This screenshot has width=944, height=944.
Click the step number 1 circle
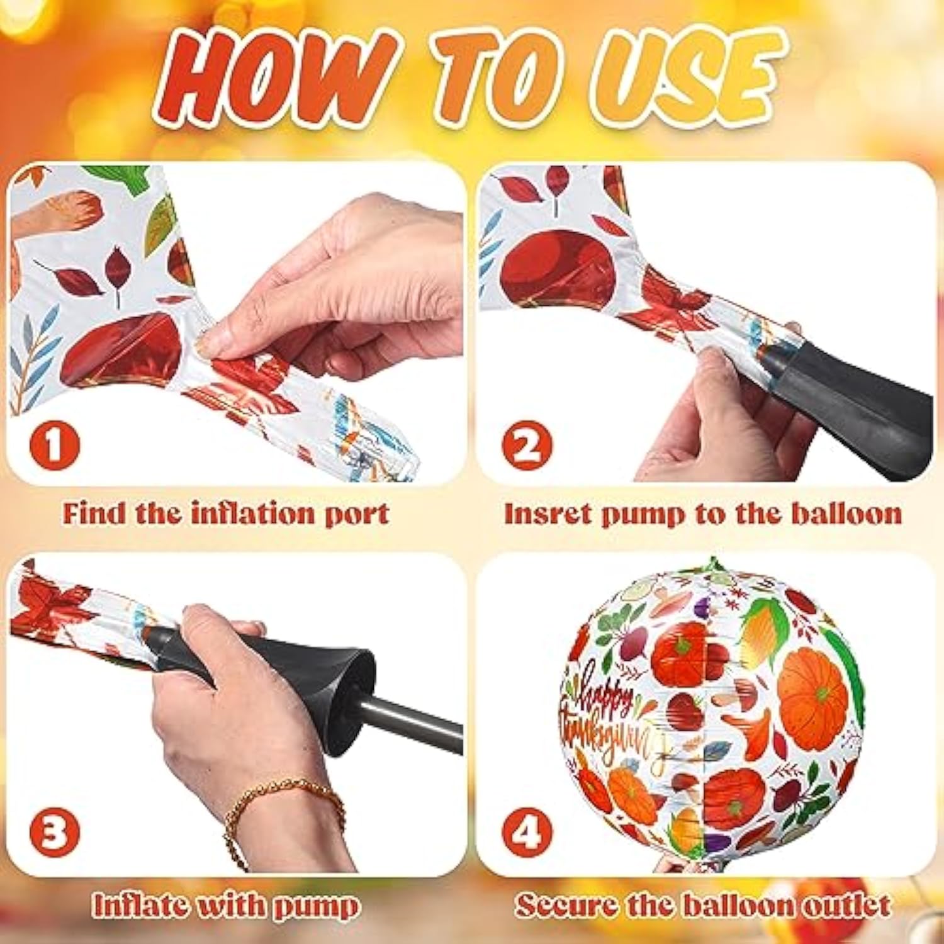pyautogui.click(x=54, y=445)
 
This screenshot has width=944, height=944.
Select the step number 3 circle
pyautogui.click(x=54, y=831)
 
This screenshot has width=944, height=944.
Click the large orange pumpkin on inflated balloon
pyautogui.click(x=812, y=689)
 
